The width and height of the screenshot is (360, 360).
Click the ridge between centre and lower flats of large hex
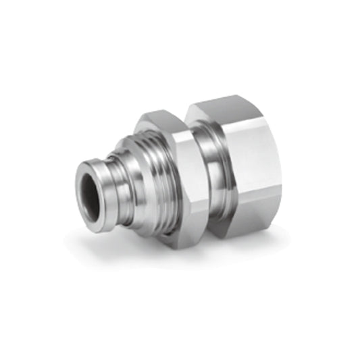[x=250, y=200]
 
